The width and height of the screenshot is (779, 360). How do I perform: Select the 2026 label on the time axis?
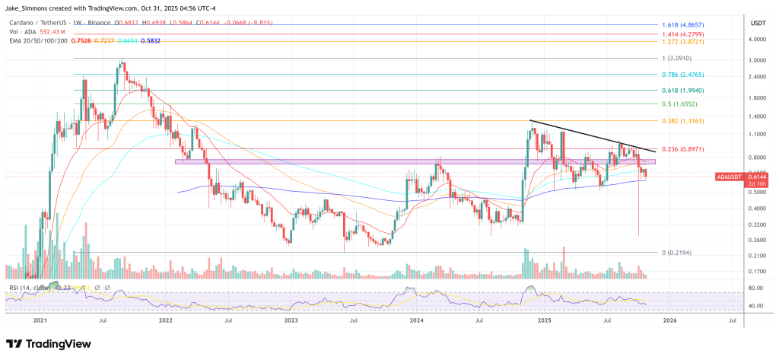click(669, 321)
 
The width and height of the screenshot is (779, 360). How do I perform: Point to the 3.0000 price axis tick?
click(757, 60)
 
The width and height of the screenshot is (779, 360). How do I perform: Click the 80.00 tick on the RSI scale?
click(755, 288)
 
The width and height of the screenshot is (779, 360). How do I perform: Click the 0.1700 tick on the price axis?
click(757, 271)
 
